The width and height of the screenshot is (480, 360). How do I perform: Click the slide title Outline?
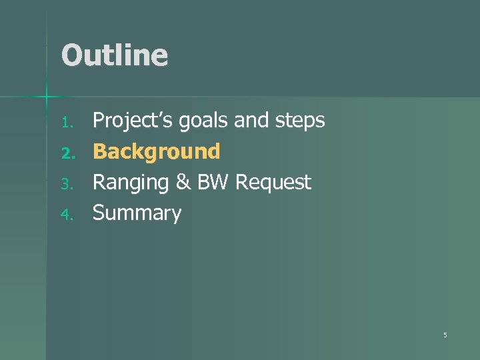114,55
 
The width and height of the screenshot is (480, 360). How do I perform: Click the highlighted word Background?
157,152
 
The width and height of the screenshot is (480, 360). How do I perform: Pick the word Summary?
137,213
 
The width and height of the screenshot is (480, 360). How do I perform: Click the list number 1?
65,122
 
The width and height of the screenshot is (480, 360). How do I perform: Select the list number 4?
65,215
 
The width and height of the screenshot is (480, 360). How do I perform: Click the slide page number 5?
445,335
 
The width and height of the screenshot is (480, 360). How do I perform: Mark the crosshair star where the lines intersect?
47,98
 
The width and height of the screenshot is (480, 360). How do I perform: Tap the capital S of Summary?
99,213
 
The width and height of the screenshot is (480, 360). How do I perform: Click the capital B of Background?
100,152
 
